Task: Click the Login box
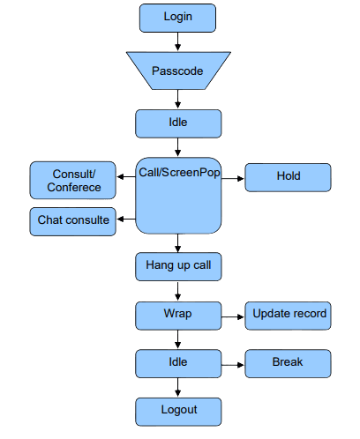177,18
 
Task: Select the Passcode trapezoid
178,71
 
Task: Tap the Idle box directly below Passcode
178,123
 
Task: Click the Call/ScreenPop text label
179,173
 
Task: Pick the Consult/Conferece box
72,180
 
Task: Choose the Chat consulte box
72,221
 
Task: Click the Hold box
288,177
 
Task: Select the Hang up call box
178,266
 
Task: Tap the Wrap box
178,316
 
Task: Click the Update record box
288,316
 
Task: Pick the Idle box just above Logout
178,363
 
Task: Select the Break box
288,363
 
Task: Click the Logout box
178,412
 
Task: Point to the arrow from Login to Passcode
177,41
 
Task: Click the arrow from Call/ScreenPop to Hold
233,178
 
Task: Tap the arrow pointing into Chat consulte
126,219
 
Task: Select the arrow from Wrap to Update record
233,316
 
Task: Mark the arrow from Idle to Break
233,365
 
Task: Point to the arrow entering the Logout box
177,387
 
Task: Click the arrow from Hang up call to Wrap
177,292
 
